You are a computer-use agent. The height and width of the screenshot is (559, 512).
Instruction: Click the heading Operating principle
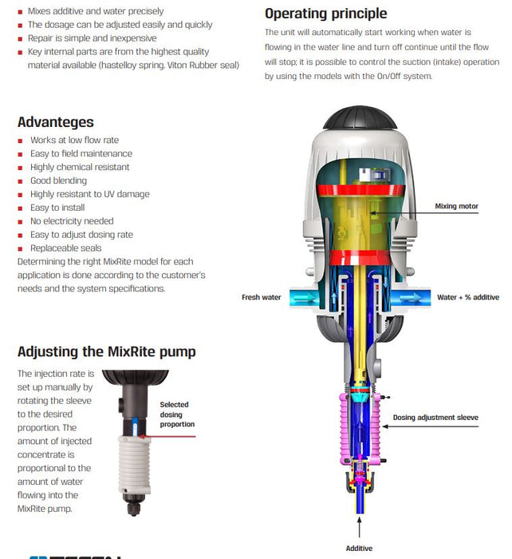(325, 14)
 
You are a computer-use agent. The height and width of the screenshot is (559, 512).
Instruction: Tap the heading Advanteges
(55, 122)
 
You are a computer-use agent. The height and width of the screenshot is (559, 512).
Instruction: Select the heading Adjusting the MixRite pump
(106, 351)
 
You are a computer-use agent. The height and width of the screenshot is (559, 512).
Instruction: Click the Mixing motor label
(456, 206)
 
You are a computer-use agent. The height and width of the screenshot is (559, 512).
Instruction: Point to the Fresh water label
(262, 297)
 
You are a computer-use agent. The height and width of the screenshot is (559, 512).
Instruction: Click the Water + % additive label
(467, 297)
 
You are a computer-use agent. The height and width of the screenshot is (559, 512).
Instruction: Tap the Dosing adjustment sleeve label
(435, 418)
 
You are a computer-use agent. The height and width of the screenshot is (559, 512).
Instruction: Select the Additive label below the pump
(359, 549)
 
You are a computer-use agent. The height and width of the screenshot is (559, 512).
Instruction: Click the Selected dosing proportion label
(175, 414)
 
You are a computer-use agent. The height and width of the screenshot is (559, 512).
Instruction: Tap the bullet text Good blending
(63, 180)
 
